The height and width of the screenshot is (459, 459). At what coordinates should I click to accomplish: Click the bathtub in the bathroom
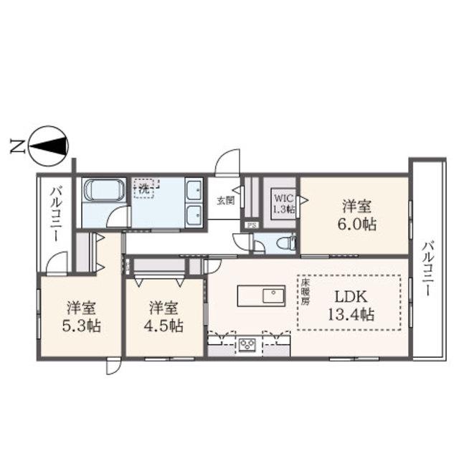pyautogui.click(x=103, y=190)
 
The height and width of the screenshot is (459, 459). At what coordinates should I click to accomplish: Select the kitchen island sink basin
pyautogui.click(x=273, y=295)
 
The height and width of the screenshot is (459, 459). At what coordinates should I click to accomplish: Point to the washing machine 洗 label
pyautogui.click(x=143, y=189)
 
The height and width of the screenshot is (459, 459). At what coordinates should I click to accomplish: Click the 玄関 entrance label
pyautogui.click(x=225, y=201)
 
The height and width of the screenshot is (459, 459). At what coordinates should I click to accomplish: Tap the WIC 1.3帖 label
pyautogui.click(x=283, y=204)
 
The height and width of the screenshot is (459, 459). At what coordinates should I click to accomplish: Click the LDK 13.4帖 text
pyautogui.click(x=351, y=306)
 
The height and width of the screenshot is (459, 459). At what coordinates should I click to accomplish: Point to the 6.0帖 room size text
pyautogui.click(x=357, y=224)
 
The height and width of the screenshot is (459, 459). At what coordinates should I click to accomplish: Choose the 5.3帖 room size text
pyautogui.click(x=81, y=326)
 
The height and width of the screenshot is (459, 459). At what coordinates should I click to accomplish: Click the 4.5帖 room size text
pyautogui.click(x=164, y=326)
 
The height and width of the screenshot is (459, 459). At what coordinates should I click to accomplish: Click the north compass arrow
pyautogui.click(x=48, y=146)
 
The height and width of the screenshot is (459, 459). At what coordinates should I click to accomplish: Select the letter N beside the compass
pyautogui.click(x=17, y=146)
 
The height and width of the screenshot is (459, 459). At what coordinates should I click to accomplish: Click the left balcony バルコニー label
pyautogui.click(x=56, y=215)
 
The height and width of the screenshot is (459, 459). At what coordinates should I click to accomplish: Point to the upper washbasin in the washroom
pyautogui.click(x=194, y=190)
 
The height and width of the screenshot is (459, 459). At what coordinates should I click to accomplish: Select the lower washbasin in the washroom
pyautogui.click(x=194, y=215)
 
